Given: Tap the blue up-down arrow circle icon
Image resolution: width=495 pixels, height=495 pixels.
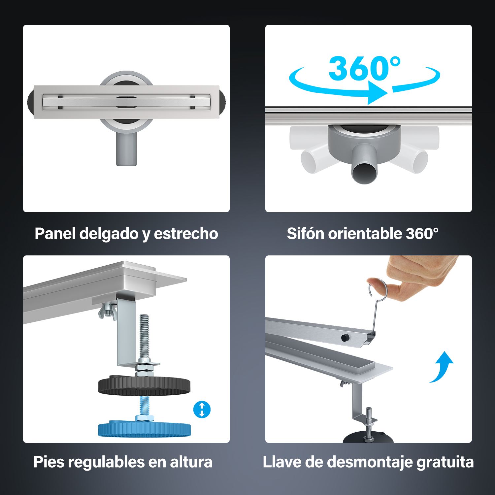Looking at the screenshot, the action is click(202, 410).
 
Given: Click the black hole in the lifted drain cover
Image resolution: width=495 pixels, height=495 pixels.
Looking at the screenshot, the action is click(345, 338).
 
